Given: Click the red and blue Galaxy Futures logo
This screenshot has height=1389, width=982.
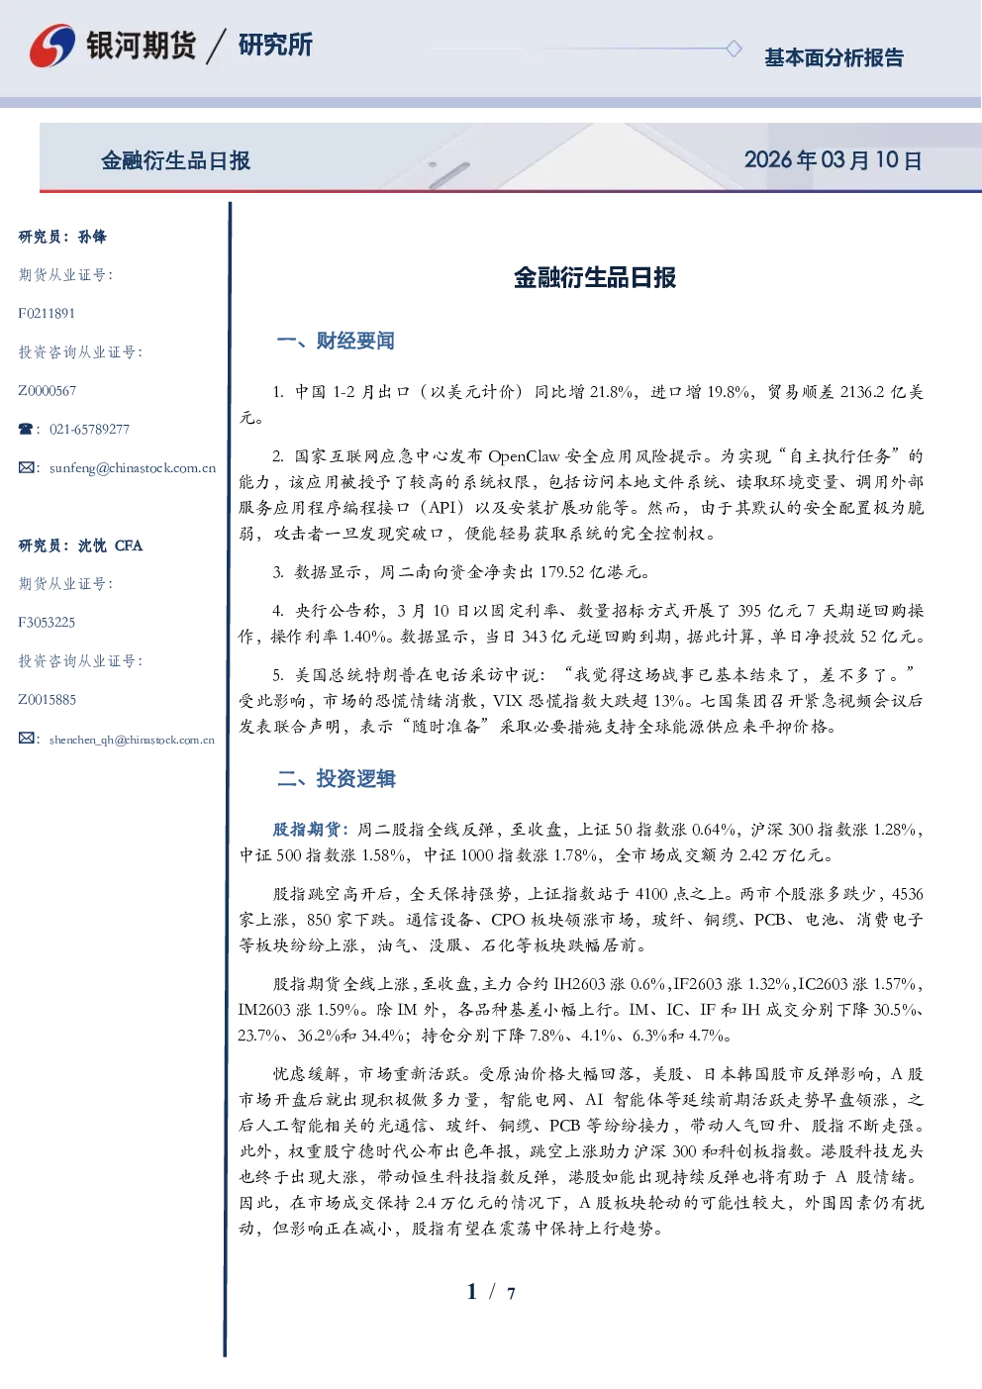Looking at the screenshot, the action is click(x=52, y=45).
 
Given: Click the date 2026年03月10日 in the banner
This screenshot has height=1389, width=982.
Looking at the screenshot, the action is click(x=833, y=160).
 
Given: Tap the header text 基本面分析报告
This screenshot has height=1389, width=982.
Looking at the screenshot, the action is click(x=834, y=57).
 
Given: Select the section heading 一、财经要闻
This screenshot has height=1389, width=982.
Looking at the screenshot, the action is click(x=336, y=341).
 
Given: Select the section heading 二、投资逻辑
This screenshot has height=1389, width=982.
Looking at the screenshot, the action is click(x=336, y=778).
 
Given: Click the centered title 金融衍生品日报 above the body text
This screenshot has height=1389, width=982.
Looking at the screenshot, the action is click(x=595, y=277).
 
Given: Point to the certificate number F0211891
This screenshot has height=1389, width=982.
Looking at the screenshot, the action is click(x=47, y=313).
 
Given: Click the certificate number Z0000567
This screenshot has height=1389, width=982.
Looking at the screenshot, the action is click(x=48, y=391).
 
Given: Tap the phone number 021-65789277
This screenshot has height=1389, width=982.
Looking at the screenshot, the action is click(x=89, y=429).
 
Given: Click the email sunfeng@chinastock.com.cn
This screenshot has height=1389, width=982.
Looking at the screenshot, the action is click(x=133, y=468).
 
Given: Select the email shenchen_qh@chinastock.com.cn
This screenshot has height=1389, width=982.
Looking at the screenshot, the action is click(x=132, y=740).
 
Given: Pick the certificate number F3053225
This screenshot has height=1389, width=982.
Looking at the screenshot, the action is click(x=47, y=623).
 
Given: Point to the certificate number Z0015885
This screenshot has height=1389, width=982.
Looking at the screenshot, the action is click(x=48, y=700).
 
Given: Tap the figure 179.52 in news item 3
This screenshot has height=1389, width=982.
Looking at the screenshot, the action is click(x=561, y=571).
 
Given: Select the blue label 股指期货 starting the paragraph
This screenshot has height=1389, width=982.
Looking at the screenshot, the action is click(x=306, y=829).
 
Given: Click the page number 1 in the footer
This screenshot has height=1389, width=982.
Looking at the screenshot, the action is click(x=472, y=1292).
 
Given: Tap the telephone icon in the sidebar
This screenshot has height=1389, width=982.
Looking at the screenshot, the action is click(x=26, y=429).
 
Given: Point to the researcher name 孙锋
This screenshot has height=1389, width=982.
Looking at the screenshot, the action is click(x=92, y=237).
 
